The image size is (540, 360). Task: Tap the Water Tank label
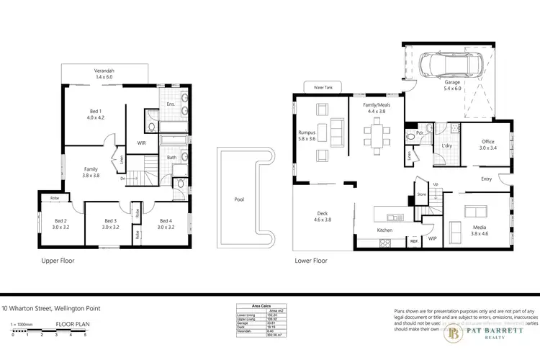tap(317, 87)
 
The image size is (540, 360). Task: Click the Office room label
tap(488, 143)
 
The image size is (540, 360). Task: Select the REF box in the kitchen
tap(415, 243)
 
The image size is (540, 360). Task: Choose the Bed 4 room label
tap(167, 223)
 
